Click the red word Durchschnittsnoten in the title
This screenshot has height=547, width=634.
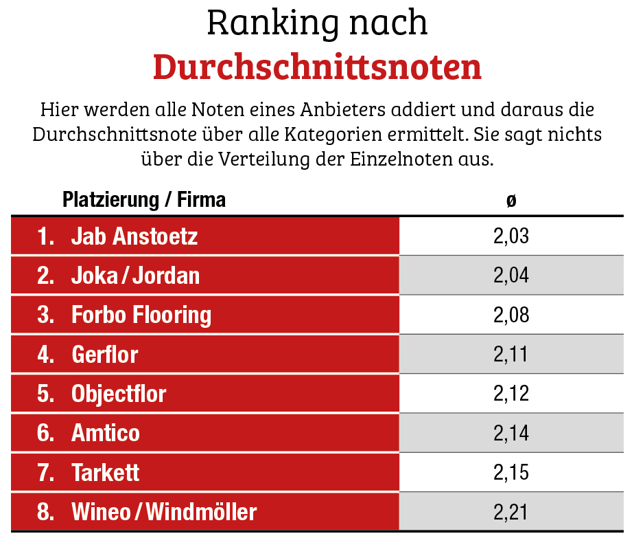(x=317, y=67)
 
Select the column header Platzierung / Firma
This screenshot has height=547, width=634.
(x=144, y=200)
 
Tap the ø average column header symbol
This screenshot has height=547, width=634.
(x=511, y=201)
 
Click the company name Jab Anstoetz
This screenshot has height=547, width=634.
(x=134, y=236)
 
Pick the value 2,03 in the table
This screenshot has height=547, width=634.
(x=511, y=236)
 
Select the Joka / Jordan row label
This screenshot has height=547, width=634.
(x=136, y=276)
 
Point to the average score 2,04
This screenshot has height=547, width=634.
(x=511, y=276)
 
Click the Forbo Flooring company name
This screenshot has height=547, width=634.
(x=141, y=315)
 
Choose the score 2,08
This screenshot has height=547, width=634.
(x=511, y=315)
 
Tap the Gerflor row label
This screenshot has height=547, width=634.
(x=105, y=355)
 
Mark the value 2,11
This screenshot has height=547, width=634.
(x=511, y=355)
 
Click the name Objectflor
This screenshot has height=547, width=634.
(x=119, y=394)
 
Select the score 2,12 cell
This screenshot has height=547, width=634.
(x=511, y=394)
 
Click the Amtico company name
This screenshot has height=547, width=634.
(x=106, y=433)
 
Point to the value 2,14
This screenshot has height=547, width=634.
(x=511, y=433)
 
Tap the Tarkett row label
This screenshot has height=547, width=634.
(x=106, y=473)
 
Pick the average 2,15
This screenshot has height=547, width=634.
(x=511, y=473)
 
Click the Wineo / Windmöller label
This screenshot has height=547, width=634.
(x=164, y=512)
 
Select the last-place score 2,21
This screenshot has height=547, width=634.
(x=511, y=512)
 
